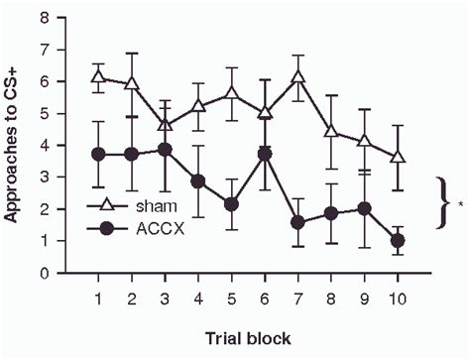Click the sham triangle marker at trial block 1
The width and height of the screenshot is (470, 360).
[x=97, y=76]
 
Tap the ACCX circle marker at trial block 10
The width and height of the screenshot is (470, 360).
[x=398, y=240]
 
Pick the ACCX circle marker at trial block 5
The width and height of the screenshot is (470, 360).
[x=231, y=204]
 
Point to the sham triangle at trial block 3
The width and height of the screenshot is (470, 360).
[x=165, y=125]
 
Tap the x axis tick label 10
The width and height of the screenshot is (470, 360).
[x=398, y=298]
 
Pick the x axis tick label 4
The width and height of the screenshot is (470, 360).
[x=197, y=298]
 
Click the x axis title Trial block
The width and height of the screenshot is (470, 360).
[x=248, y=338]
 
